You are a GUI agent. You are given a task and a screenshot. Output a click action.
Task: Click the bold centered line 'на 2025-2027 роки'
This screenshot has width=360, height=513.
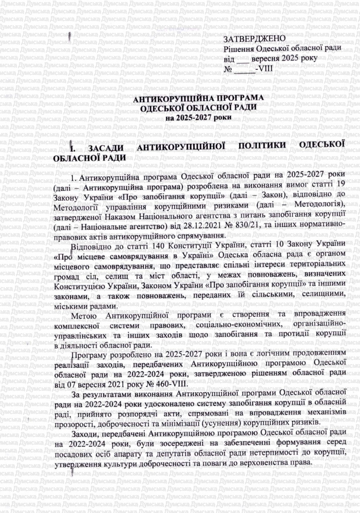click(198, 117)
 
